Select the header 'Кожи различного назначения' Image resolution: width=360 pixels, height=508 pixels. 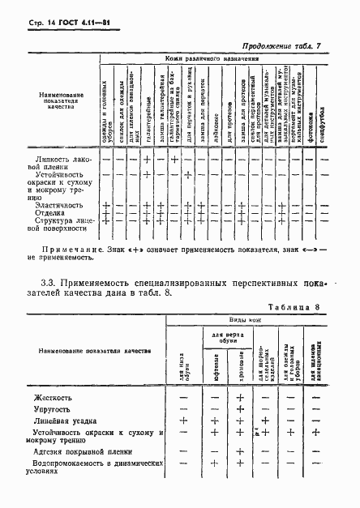[212, 61]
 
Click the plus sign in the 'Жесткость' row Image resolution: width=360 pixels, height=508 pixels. [241, 398]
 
